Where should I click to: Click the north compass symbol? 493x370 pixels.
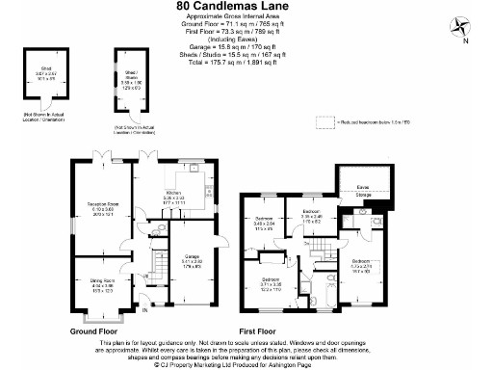coord(463,27)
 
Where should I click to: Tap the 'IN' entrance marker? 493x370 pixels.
coord(146,311)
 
